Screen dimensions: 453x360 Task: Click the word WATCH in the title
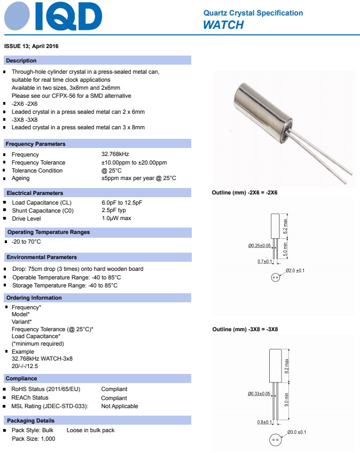pyautogui.click(x=223, y=25)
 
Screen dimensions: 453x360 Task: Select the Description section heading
pyautogui.click(x=21, y=61)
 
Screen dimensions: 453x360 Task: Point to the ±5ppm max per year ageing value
pyautogui.click(x=138, y=178)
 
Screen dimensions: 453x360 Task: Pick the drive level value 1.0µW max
pyautogui.click(x=116, y=218)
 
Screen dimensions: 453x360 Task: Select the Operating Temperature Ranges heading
pyautogui.click(x=49, y=232)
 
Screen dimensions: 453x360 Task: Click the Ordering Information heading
pyautogui.click(x=34, y=298)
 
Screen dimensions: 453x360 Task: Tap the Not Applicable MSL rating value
pyautogui.click(x=120, y=407)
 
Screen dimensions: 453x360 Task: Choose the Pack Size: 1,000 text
pyautogui.click(x=33, y=439)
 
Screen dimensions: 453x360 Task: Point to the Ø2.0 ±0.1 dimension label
pyautogui.click(x=295, y=271)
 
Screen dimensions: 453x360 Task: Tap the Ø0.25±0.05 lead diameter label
pyautogui.click(x=259, y=246)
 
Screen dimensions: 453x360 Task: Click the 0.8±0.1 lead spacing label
pyautogui.click(x=265, y=423)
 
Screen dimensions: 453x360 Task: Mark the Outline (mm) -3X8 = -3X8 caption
pyautogui.click(x=245, y=329)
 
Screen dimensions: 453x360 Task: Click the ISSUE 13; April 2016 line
pyautogui.click(x=32, y=46)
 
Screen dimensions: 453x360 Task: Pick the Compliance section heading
pyautogui.click(x=21, y=379)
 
